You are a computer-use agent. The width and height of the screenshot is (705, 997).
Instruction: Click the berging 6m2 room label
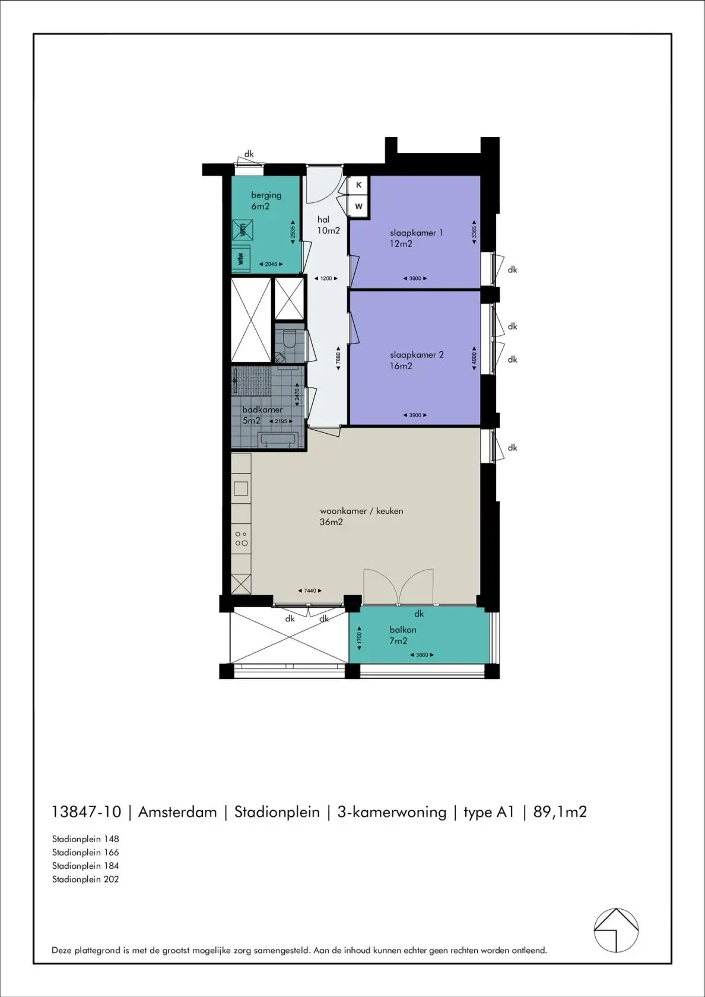point(265,201)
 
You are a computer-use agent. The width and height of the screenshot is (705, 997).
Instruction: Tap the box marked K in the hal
point(358,185)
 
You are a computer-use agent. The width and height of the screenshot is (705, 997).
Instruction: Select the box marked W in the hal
point(358,207)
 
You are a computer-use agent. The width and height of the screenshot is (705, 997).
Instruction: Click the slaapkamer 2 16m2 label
point(416,360)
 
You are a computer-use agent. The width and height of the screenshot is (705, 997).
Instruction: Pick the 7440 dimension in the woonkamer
point(310,590)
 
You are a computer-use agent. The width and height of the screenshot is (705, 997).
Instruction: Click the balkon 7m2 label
point(402,635)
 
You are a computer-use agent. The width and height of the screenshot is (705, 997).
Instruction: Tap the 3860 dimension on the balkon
point(421,655)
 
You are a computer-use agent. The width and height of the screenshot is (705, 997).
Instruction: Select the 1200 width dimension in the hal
point(326,278)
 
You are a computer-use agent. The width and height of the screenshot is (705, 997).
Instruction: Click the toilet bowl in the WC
point(289,339)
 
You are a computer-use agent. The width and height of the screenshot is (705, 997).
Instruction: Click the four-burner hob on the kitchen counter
point(241,538)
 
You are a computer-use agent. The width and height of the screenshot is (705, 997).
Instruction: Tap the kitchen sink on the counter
point(241,488)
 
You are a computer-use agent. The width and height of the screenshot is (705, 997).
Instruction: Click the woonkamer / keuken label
point(361,516)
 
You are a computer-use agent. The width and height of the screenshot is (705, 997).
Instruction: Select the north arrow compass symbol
point(616,930)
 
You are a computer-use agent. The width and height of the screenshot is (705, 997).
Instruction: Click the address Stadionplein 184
point(85,866)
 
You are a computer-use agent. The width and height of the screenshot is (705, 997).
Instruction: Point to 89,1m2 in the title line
point(560,812)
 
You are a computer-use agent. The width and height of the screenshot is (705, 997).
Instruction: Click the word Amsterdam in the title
point(177,812)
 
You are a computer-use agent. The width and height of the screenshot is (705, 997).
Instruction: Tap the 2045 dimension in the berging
point(271,264)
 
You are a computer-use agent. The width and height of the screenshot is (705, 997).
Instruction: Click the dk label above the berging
point(249,154)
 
